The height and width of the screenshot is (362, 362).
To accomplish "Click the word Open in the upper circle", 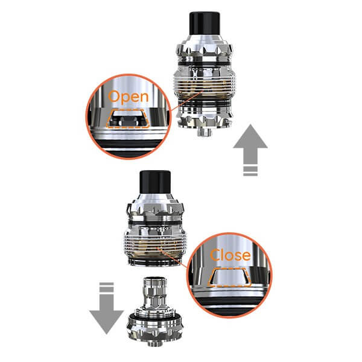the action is coord(128,97).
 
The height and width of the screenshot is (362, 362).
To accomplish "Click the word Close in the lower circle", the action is coord(230,255).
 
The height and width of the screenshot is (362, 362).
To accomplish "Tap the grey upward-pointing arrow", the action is coord(250,144).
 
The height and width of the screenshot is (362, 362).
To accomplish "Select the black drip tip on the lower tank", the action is coord(155,182).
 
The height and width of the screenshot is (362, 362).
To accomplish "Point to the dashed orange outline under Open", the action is coord(128,119).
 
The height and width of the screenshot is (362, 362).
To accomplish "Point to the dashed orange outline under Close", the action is coord(229,278).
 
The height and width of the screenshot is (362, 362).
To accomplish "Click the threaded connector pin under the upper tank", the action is coord(205,132).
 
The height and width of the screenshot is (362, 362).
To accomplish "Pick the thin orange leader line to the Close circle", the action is coord(172,258).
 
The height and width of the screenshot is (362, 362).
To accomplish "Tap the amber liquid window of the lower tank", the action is coord(154,248).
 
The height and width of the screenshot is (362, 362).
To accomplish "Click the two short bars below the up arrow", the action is coord(250,171).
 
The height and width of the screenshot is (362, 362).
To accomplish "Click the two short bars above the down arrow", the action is coord(107,287).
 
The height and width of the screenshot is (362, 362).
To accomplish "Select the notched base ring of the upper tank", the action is coord(205,117).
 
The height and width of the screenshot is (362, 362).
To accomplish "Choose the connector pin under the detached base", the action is coord(155,343).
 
